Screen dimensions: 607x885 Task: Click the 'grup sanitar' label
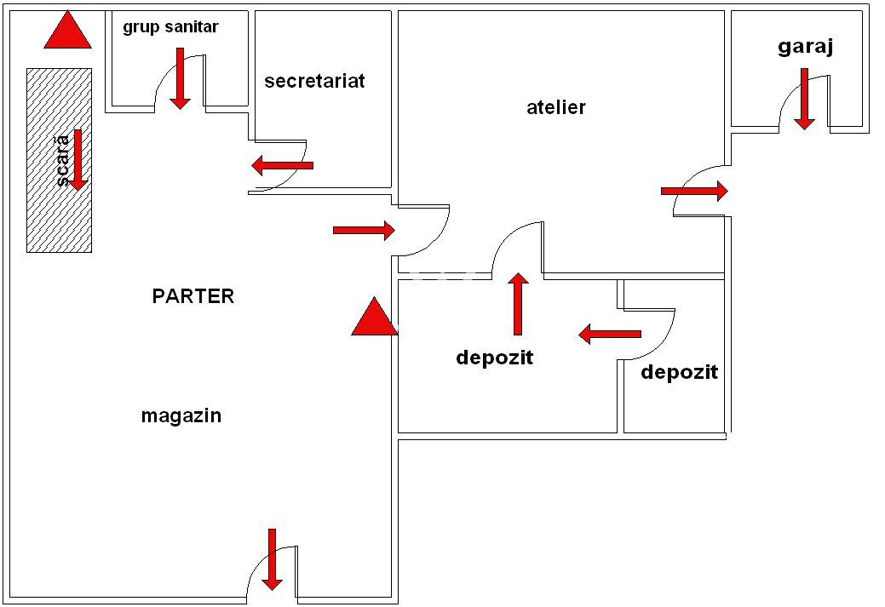coord(170,27)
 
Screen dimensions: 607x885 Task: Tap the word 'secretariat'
coord(314,81)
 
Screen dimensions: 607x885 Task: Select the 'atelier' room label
coord(556,107)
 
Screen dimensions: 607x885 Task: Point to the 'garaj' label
coord(805,47)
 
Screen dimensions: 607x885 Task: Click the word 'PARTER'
coord(193,296)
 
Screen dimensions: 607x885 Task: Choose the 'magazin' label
coord(181,415)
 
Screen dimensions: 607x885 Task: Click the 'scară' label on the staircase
coord(61,162)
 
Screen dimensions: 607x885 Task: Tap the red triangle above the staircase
coord(67,31)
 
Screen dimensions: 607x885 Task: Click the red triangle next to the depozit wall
coord(374,317)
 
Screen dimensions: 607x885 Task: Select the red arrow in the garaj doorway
coord(804,99)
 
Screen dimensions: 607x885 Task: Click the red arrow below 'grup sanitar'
coord(180,78)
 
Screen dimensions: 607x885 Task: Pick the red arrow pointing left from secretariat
coord(283,165)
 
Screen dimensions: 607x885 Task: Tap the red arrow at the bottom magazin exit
coord(272,559)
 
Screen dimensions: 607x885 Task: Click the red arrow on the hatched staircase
coord(78,159)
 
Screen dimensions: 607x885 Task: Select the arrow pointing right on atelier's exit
coord(694,192)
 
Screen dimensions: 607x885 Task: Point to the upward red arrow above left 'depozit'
coord(517,304)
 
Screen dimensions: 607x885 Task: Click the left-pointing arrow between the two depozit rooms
coord(610,334)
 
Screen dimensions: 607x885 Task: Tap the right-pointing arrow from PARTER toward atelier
coord(364,230)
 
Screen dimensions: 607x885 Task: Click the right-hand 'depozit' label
coord(679,372)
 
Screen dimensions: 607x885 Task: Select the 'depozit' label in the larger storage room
coord(494,358)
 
